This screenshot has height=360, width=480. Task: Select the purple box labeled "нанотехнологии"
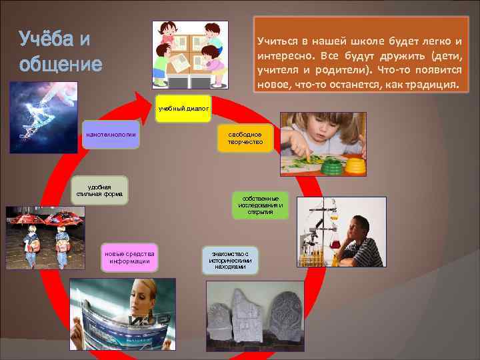[x=109, y=135]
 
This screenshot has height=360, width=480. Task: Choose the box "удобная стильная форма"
[x=99, y=191]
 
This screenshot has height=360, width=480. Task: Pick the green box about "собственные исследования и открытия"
[x=261, y=205]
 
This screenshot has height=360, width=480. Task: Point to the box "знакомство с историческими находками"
[x=229, y=260]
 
